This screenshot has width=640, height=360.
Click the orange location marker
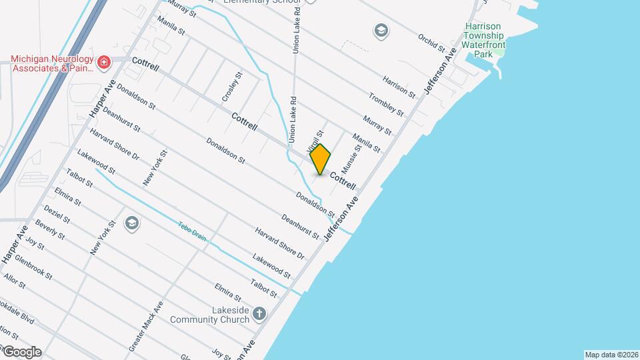pyautogui.click(x=320, y=159)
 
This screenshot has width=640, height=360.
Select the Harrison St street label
pyautogui.click(x=399, y=85)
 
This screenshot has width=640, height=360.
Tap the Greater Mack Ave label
pyautogui.click(x=146, y=327)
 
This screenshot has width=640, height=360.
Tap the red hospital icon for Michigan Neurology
pyautogui.click(x=103, y=63)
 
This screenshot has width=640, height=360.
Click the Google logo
pyautogui.click(x=21, y=352)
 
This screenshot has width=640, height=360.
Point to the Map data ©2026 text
pyautogui.click(x=611, y=355)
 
